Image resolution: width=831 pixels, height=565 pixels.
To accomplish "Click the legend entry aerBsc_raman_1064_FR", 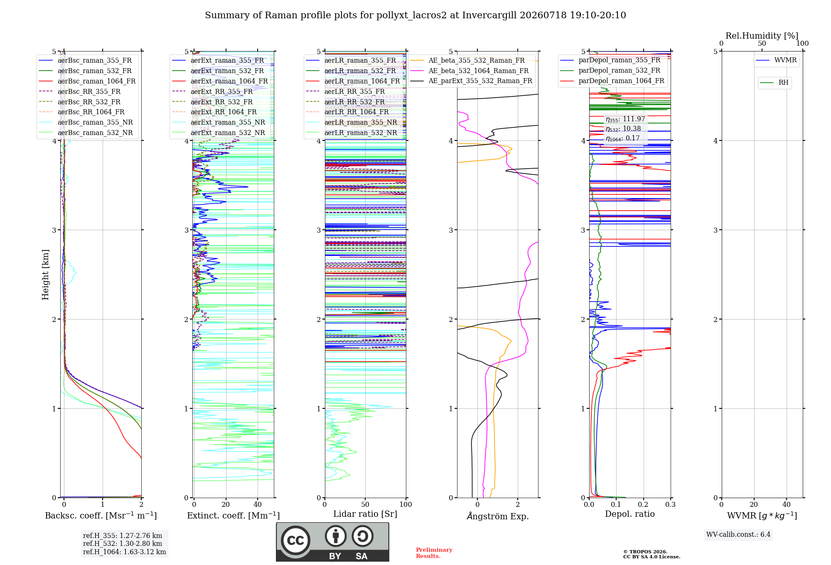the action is [x=87, y=81].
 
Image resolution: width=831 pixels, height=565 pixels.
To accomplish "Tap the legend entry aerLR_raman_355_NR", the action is [x=352, y=122].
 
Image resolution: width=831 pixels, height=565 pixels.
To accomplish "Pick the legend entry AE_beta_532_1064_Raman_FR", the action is [x=470, y=71].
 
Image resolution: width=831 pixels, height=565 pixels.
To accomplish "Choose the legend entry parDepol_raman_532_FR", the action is [x=610, y=71].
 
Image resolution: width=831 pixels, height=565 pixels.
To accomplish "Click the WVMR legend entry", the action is [x=776, y=60].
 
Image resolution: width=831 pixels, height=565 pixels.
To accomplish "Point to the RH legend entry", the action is [x=774, y=82].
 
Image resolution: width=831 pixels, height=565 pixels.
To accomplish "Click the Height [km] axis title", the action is [x=45, y=275].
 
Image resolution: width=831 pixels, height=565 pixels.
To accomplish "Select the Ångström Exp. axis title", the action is [x=498, y=516].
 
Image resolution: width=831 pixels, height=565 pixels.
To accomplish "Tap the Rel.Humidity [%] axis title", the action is [x=762, y=36].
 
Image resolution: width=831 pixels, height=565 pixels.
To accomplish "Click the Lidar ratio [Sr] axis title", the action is [x=365, y=514].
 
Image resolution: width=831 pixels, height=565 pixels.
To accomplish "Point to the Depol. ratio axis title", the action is [x=630, y=514].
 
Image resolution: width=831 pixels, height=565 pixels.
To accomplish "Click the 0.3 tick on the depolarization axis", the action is [x=670, y=504].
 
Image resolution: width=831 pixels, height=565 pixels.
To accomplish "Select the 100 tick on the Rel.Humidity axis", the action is [x=802, y=44].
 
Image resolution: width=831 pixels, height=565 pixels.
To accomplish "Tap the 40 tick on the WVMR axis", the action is [x=787, y=504].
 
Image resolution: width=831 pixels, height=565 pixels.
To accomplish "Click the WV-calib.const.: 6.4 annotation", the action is [x=738, y=535].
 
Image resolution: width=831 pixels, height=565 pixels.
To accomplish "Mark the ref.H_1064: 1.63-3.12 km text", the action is [x=125, y=552].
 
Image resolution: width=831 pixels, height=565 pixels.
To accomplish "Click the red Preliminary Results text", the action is [x=434, y=553].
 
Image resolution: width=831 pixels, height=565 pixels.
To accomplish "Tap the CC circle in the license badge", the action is [x=295, y=540].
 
